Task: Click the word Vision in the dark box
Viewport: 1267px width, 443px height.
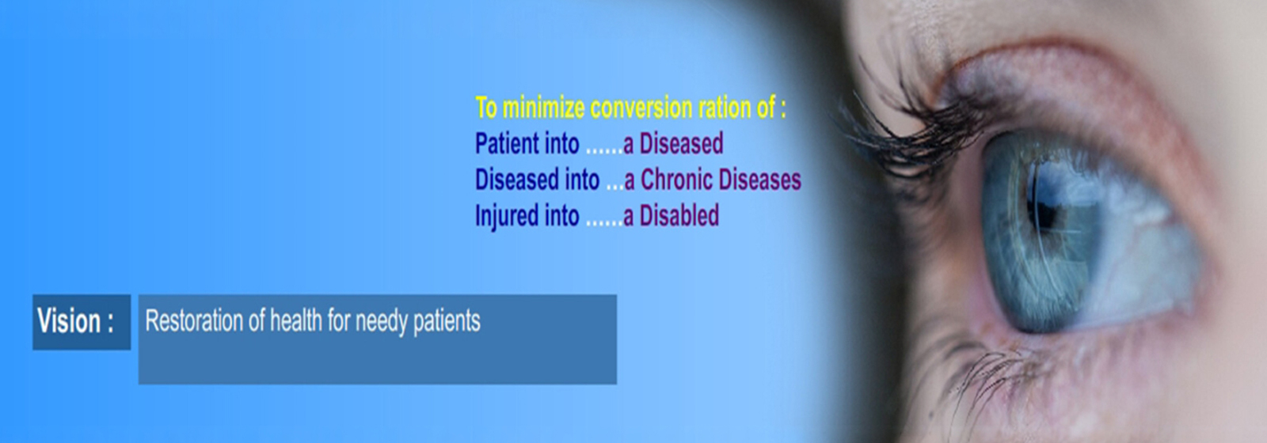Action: click(69, 321)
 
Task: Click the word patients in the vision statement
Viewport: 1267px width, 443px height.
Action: click(447, 322)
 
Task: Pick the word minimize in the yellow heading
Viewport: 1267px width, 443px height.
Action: click(543, 108)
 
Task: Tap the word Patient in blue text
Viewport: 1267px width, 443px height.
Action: click(507, 143)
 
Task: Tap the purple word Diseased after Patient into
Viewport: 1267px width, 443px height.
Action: click(681, 143)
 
